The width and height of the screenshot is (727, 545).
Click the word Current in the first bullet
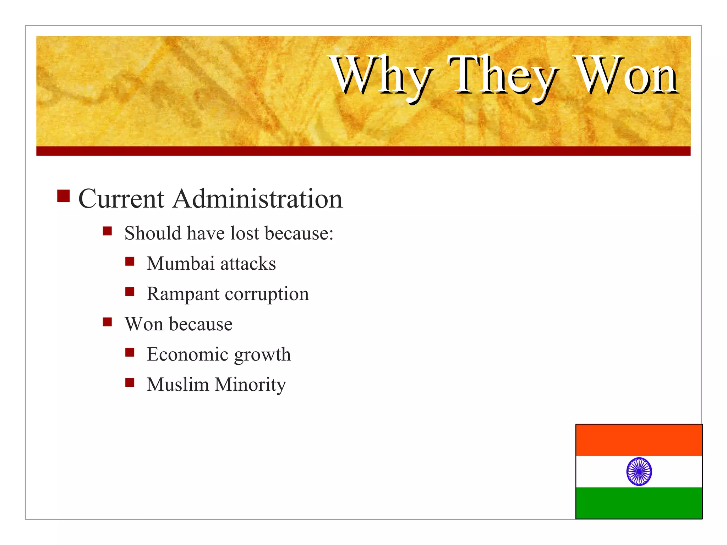point(121,199)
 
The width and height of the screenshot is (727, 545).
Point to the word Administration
point(258,199)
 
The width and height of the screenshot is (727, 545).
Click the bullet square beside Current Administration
point(63,196)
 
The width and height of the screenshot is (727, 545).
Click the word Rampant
point(183,294)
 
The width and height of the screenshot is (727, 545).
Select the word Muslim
point(177,384)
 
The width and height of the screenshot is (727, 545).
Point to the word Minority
point(250,385)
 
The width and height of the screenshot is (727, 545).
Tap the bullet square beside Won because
point(107,322)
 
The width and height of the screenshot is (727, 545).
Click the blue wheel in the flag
point(639,471)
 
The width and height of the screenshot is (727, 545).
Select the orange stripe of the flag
point(639,440)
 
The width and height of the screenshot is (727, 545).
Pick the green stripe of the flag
point(639,503)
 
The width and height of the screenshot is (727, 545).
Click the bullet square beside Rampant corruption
point(130,292)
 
